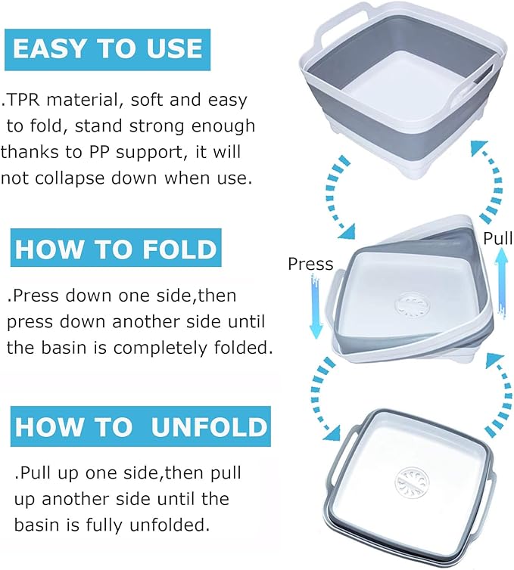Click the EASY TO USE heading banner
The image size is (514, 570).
point(107,49)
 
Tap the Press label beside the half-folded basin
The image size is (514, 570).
point(310,264)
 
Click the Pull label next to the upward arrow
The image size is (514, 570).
point(497,239)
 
